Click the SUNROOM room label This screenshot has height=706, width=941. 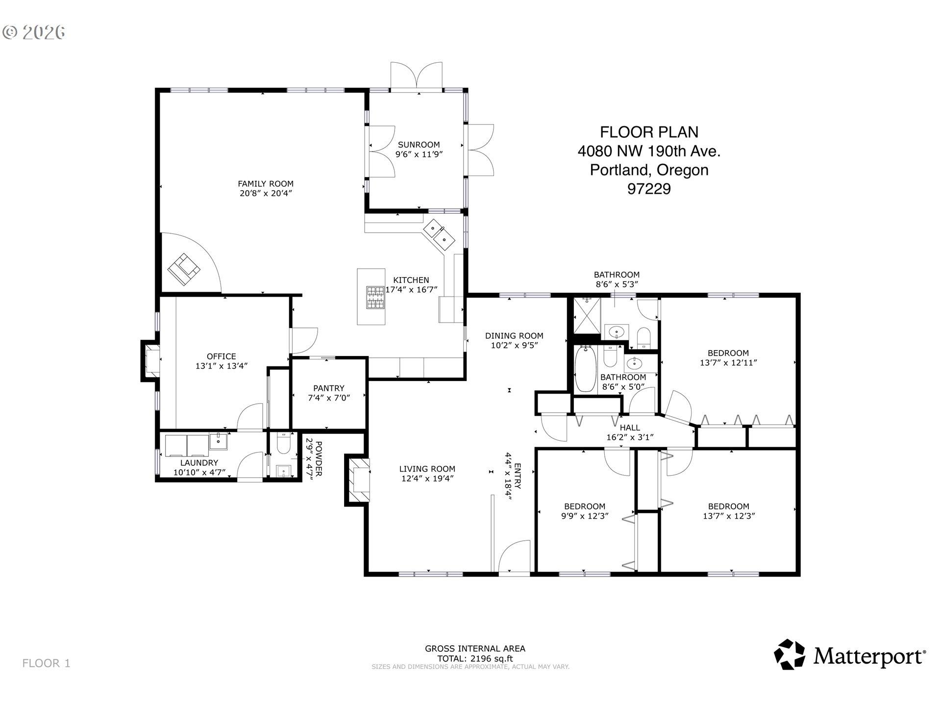419,145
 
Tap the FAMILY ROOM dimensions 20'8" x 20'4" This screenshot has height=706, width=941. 266,193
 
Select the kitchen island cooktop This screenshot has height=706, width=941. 376,297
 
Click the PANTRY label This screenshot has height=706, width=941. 329,388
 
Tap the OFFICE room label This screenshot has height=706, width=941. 222,356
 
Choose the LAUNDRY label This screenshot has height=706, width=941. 199,463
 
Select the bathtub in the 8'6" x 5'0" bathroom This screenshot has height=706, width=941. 585,368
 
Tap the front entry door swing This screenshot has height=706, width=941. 515,555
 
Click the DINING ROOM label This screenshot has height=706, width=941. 514,336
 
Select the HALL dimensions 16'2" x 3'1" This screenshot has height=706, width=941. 630,437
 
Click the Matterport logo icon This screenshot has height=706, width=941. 789,654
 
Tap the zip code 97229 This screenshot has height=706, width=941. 649,189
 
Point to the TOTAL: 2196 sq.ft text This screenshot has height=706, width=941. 475,658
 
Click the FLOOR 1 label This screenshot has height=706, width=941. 47,663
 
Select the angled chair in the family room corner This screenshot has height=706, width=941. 184,269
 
